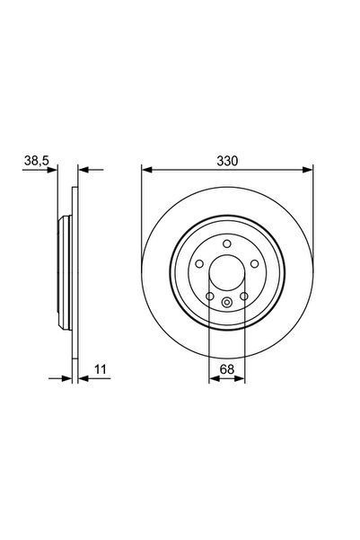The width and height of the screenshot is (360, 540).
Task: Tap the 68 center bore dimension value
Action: (x=227, y=367)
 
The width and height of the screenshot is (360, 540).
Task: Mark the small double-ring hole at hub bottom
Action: (x=227, y=302)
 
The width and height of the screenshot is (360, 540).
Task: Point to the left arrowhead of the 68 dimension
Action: (x=214, y=378)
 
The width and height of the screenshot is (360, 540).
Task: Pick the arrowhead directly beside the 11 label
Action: (x=83, y=378)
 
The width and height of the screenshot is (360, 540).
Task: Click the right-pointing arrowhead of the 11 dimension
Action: (x=67, y=378)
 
